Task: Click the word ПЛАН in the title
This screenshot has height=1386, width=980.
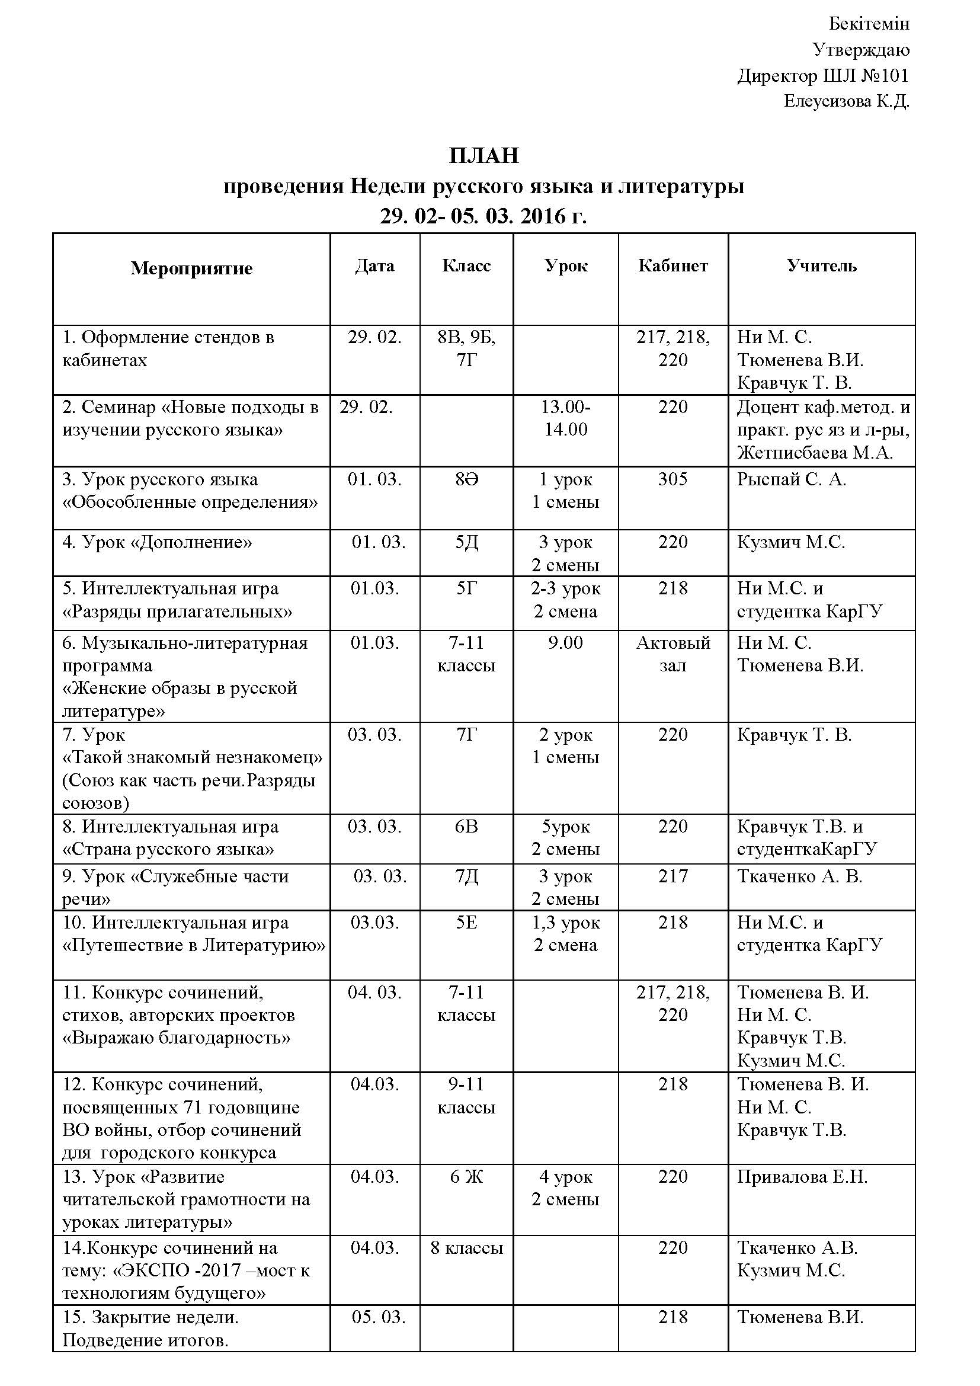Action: (483, 156)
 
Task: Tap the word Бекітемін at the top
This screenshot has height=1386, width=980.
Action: (869, 24)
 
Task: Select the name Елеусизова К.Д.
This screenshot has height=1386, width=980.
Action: (846, 101)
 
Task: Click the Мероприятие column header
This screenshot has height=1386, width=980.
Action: (191, 268)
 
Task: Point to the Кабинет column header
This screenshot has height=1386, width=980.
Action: (673, 265)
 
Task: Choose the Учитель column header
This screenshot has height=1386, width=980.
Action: (821, 265)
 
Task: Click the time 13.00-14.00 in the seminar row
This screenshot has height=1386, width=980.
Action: (565, 418)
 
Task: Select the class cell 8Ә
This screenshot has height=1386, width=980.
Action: (466, 479)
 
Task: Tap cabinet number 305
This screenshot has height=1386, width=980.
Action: (673, 479)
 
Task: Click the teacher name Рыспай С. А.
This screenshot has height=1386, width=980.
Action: (791, 479)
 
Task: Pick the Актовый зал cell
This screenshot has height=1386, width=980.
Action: (673, 654)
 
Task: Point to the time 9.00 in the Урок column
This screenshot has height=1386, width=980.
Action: (565, 642)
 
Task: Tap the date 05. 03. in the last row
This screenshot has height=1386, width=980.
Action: (379, 1316)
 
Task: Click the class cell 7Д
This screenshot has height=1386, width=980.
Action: (466, 876)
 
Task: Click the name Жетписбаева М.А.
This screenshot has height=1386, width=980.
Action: (815, 453)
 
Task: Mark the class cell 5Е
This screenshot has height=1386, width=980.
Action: (466, 923)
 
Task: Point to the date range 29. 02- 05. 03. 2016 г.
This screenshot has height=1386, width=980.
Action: (483, 216)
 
